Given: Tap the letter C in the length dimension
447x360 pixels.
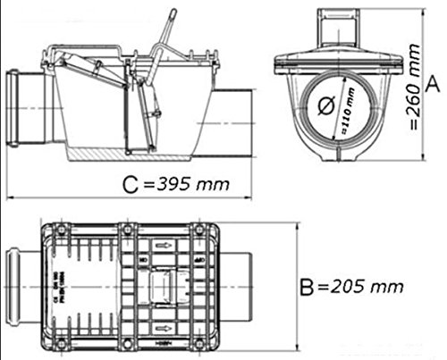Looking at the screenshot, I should click(x=131, y=186).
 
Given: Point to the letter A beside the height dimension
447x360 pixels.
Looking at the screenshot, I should click(x=432, y=85).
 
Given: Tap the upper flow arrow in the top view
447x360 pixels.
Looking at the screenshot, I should click(x=164, y=241).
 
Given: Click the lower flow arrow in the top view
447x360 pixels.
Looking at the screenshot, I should click(x=164, y=339).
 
